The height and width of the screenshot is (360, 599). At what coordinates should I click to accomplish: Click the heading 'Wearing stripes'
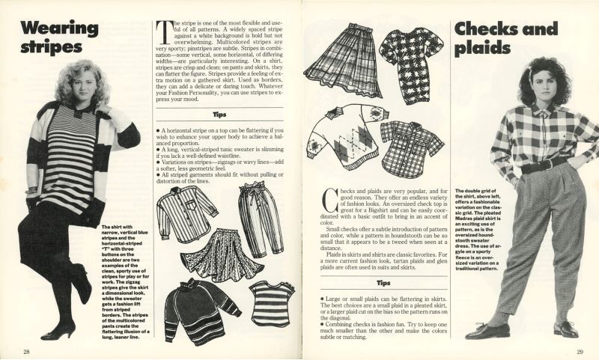60,37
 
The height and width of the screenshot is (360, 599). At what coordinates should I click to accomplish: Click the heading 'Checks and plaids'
506,37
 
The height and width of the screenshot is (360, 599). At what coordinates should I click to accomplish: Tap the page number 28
26,352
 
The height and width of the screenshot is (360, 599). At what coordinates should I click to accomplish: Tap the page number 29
580,352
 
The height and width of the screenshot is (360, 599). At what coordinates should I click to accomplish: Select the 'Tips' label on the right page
382,284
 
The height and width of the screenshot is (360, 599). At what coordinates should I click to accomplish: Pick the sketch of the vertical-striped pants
261,217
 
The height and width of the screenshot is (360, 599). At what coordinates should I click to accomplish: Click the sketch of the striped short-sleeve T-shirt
272,302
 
